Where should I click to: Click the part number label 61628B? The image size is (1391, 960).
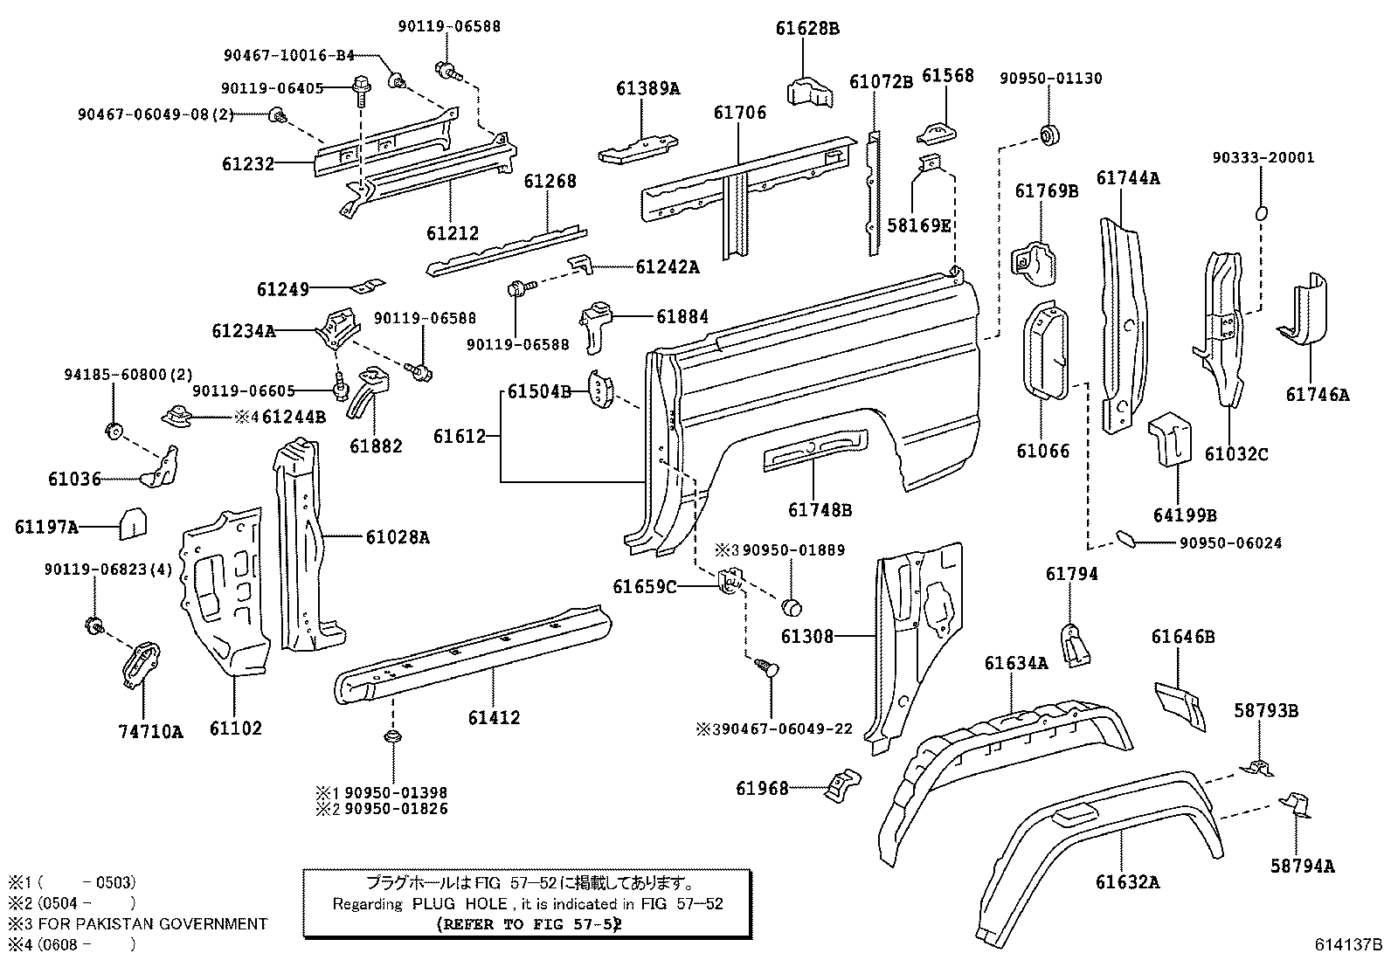click(x=807, y=28)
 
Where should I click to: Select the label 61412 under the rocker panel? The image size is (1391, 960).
click(x=494, y=718)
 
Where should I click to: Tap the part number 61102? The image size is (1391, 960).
click(x=235, y=728)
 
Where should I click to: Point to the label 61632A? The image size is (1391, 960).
click(x=1127, y=882)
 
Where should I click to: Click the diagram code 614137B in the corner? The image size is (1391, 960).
click(x=1349, y=945)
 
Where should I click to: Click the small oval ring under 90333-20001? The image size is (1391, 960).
click(x=1261, y=212)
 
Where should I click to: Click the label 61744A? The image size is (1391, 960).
click(x=1128, y=178)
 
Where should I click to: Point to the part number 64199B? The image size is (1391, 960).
click(x=1185, y=515)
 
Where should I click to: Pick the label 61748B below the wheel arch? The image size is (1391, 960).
click(x=820, y=509)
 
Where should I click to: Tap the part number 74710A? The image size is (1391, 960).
click(x=151, y=732)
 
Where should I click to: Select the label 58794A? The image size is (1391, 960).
click(x=1303, y=866)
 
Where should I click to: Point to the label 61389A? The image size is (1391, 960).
click(x=647, y=88)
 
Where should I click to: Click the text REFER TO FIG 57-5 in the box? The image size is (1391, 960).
click(x=529, y=924)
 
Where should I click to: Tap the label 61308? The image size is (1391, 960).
click(x=807, y=637)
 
